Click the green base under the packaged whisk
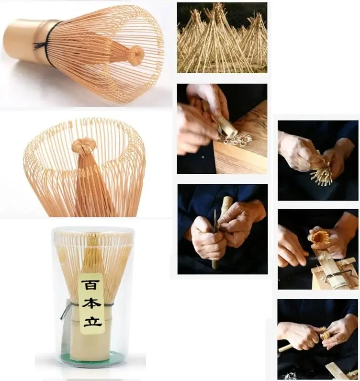(91, 356)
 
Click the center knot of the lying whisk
(135, 56)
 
